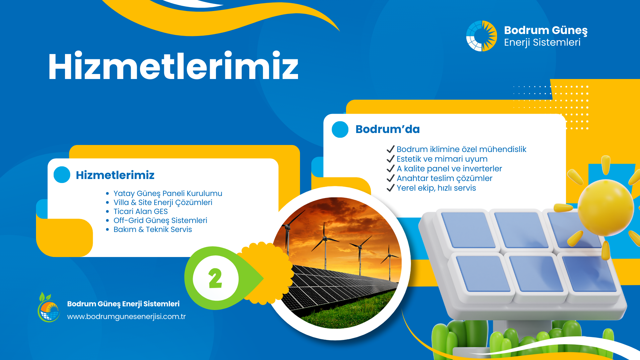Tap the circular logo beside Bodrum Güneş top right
(x=482, y=36)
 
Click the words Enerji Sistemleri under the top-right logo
(x=542, y=43)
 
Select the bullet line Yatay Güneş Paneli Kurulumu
(x=168, y=193)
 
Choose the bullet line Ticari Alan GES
(x=140, y=211)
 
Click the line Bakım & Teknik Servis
(x=153, y=229)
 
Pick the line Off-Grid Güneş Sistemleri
(x=160, y=220)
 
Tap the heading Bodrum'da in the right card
(x=387, y=129)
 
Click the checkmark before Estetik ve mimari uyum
(x=391, y=159)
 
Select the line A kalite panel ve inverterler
(x=449, y=169)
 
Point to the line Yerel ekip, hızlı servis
(x=436, y=188)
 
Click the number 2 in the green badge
(x=215, y=278)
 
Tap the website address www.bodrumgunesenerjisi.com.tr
(x=126, y=317)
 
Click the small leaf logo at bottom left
(x=49, y=307)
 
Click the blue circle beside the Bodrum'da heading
(x=340, y=129)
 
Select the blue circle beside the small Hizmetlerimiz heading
(x=62, y=175)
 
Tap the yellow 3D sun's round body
(x=606, y=208)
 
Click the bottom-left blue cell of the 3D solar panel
(x=482, y=274)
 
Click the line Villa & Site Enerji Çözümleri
(x=163, y=202)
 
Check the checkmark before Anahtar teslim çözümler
(x=391, y=178)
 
